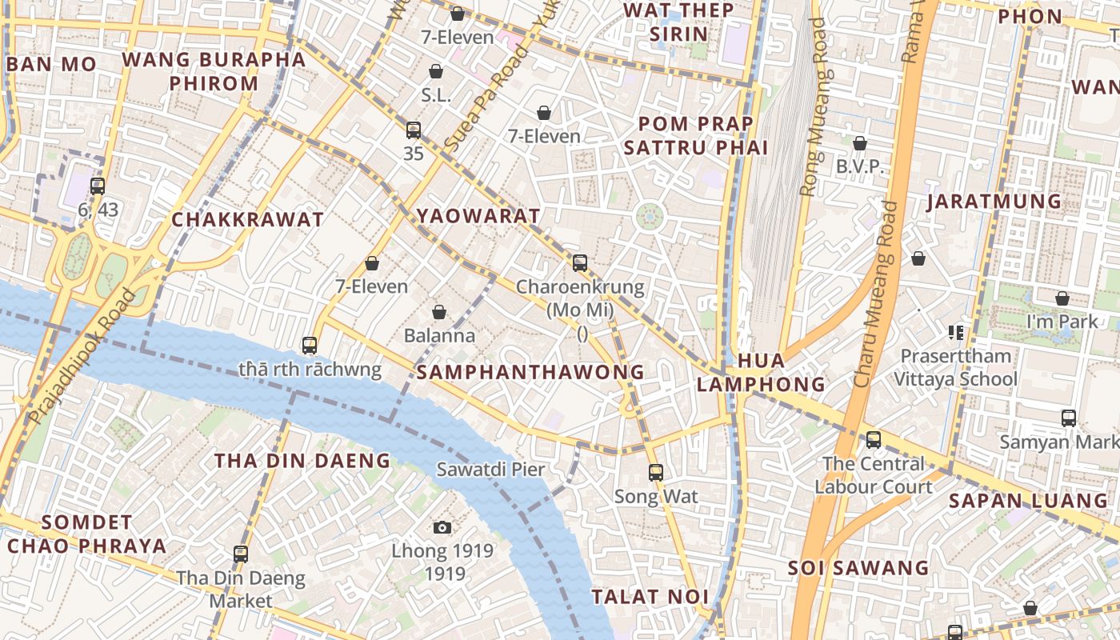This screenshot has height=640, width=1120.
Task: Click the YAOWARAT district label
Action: (x=478, y=216)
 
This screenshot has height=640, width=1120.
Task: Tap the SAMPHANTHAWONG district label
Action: (x=530, y=372)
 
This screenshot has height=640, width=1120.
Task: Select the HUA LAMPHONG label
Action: (x=760, y=373)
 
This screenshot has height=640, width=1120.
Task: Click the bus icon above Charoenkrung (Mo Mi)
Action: (x=580, y=262)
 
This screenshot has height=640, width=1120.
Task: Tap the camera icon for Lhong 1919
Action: (x=442, y=527)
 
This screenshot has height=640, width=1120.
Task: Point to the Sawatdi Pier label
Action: (x=490, y=470)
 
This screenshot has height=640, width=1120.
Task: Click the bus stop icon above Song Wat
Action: (x=656, y=473)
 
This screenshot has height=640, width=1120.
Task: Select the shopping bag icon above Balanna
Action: (x=438, y=312)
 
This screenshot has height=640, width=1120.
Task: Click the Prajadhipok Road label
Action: (x=81, y=357)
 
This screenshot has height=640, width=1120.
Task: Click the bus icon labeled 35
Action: (x=413, y=130)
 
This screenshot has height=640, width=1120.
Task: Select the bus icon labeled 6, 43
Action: (x=98, y=186)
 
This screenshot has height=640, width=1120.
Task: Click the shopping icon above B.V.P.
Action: (x=859, y=144)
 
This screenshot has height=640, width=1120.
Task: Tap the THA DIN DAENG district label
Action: (x=302, y=461)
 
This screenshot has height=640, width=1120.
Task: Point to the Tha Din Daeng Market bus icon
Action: (x=241, y=554)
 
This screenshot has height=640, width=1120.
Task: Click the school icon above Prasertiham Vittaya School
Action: (x=955, y=332)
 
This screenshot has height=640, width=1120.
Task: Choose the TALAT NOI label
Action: (x=650, y=597)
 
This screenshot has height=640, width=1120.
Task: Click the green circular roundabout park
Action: (x=650, y=215)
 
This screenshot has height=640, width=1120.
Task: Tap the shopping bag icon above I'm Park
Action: (x=1062, y=298)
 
